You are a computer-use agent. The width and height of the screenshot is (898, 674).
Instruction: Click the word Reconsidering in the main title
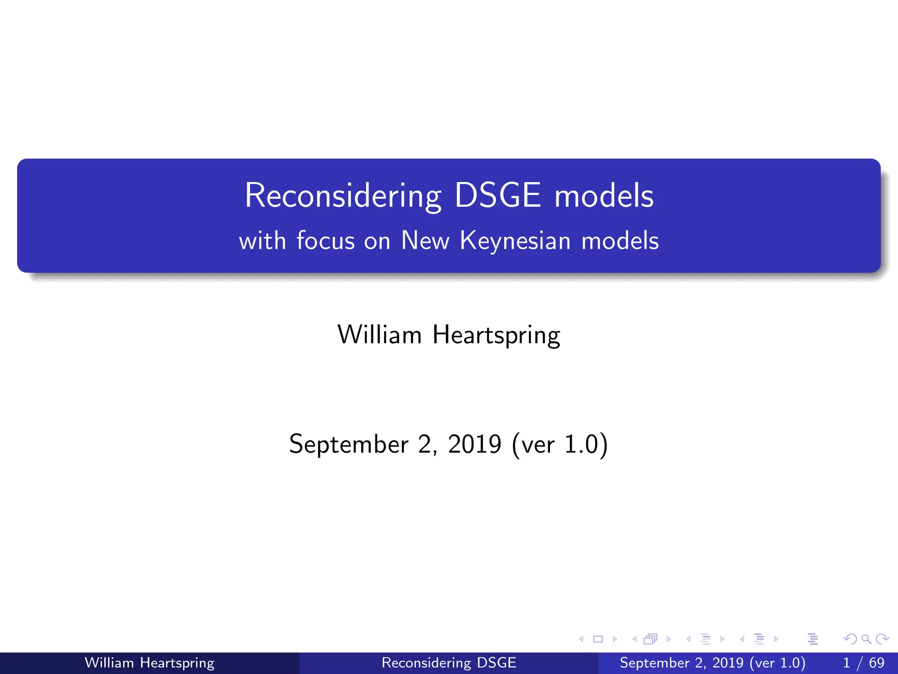pos(343,196)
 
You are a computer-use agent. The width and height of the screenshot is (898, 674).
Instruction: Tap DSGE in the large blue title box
pos(498,195)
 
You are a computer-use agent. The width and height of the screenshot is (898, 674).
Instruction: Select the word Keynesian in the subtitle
pos(515,241)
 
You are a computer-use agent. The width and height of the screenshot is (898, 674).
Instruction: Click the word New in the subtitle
pos(425,241)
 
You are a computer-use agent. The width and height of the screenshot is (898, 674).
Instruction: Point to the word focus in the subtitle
pos(325,241)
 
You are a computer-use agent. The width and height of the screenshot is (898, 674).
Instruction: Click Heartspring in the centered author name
pos(496,335)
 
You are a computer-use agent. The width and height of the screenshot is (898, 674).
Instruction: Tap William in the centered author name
pos(379,335)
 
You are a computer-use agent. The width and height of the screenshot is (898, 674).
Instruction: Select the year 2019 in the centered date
pos(474,444)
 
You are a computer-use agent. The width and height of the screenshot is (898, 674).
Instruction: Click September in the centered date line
pos(349,445)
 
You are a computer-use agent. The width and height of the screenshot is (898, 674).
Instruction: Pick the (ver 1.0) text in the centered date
pos(560,445)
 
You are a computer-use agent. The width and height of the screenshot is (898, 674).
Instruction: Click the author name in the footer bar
pos(150,663)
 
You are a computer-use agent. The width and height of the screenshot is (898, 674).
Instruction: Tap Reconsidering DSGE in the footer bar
pos(449,663)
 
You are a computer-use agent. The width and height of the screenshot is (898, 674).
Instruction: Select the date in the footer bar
pos(712,663)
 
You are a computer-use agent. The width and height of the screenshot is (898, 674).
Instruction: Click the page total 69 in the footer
pos(877,663)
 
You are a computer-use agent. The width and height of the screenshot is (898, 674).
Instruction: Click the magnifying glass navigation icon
pos(866,639)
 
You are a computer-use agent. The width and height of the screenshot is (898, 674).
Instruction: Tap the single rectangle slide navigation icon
pos(598,639)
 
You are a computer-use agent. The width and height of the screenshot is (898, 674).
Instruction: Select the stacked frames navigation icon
pos(650,639)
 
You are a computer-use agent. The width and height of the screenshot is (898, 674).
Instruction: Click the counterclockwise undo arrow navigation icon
pos(850,639)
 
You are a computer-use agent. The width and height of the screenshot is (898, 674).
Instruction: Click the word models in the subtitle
pos(620,241)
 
